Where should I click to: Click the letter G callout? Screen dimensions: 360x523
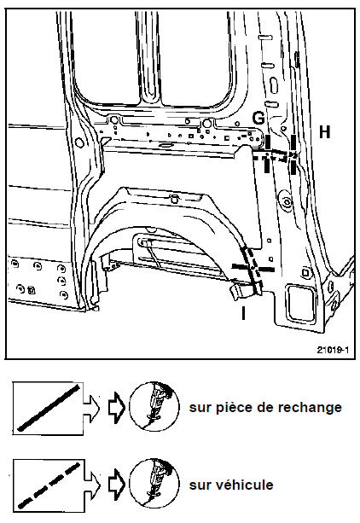pos(258,118)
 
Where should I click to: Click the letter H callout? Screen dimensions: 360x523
pos(325,131)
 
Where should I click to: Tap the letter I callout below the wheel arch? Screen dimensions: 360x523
pos(244,313)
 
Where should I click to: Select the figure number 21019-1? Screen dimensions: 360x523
pos(333,350)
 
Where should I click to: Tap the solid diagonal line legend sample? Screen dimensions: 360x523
pos(49,408)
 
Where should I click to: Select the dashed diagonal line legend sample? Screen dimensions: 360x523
pos(49,485)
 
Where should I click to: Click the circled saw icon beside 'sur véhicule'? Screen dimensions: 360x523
pos(154,483)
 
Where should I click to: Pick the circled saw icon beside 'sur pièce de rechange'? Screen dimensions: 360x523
pos(154,406)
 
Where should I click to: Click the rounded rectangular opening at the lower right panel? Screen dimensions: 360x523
pos(301,303)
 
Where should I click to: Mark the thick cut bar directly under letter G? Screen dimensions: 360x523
pos(268,142)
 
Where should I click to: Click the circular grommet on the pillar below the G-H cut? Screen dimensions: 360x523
pos(287,201)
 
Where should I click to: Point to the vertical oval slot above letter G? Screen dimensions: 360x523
pos(273,85)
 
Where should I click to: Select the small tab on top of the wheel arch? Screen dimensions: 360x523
pos(174,199)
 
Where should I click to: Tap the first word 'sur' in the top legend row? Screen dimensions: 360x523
pos(200,408)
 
